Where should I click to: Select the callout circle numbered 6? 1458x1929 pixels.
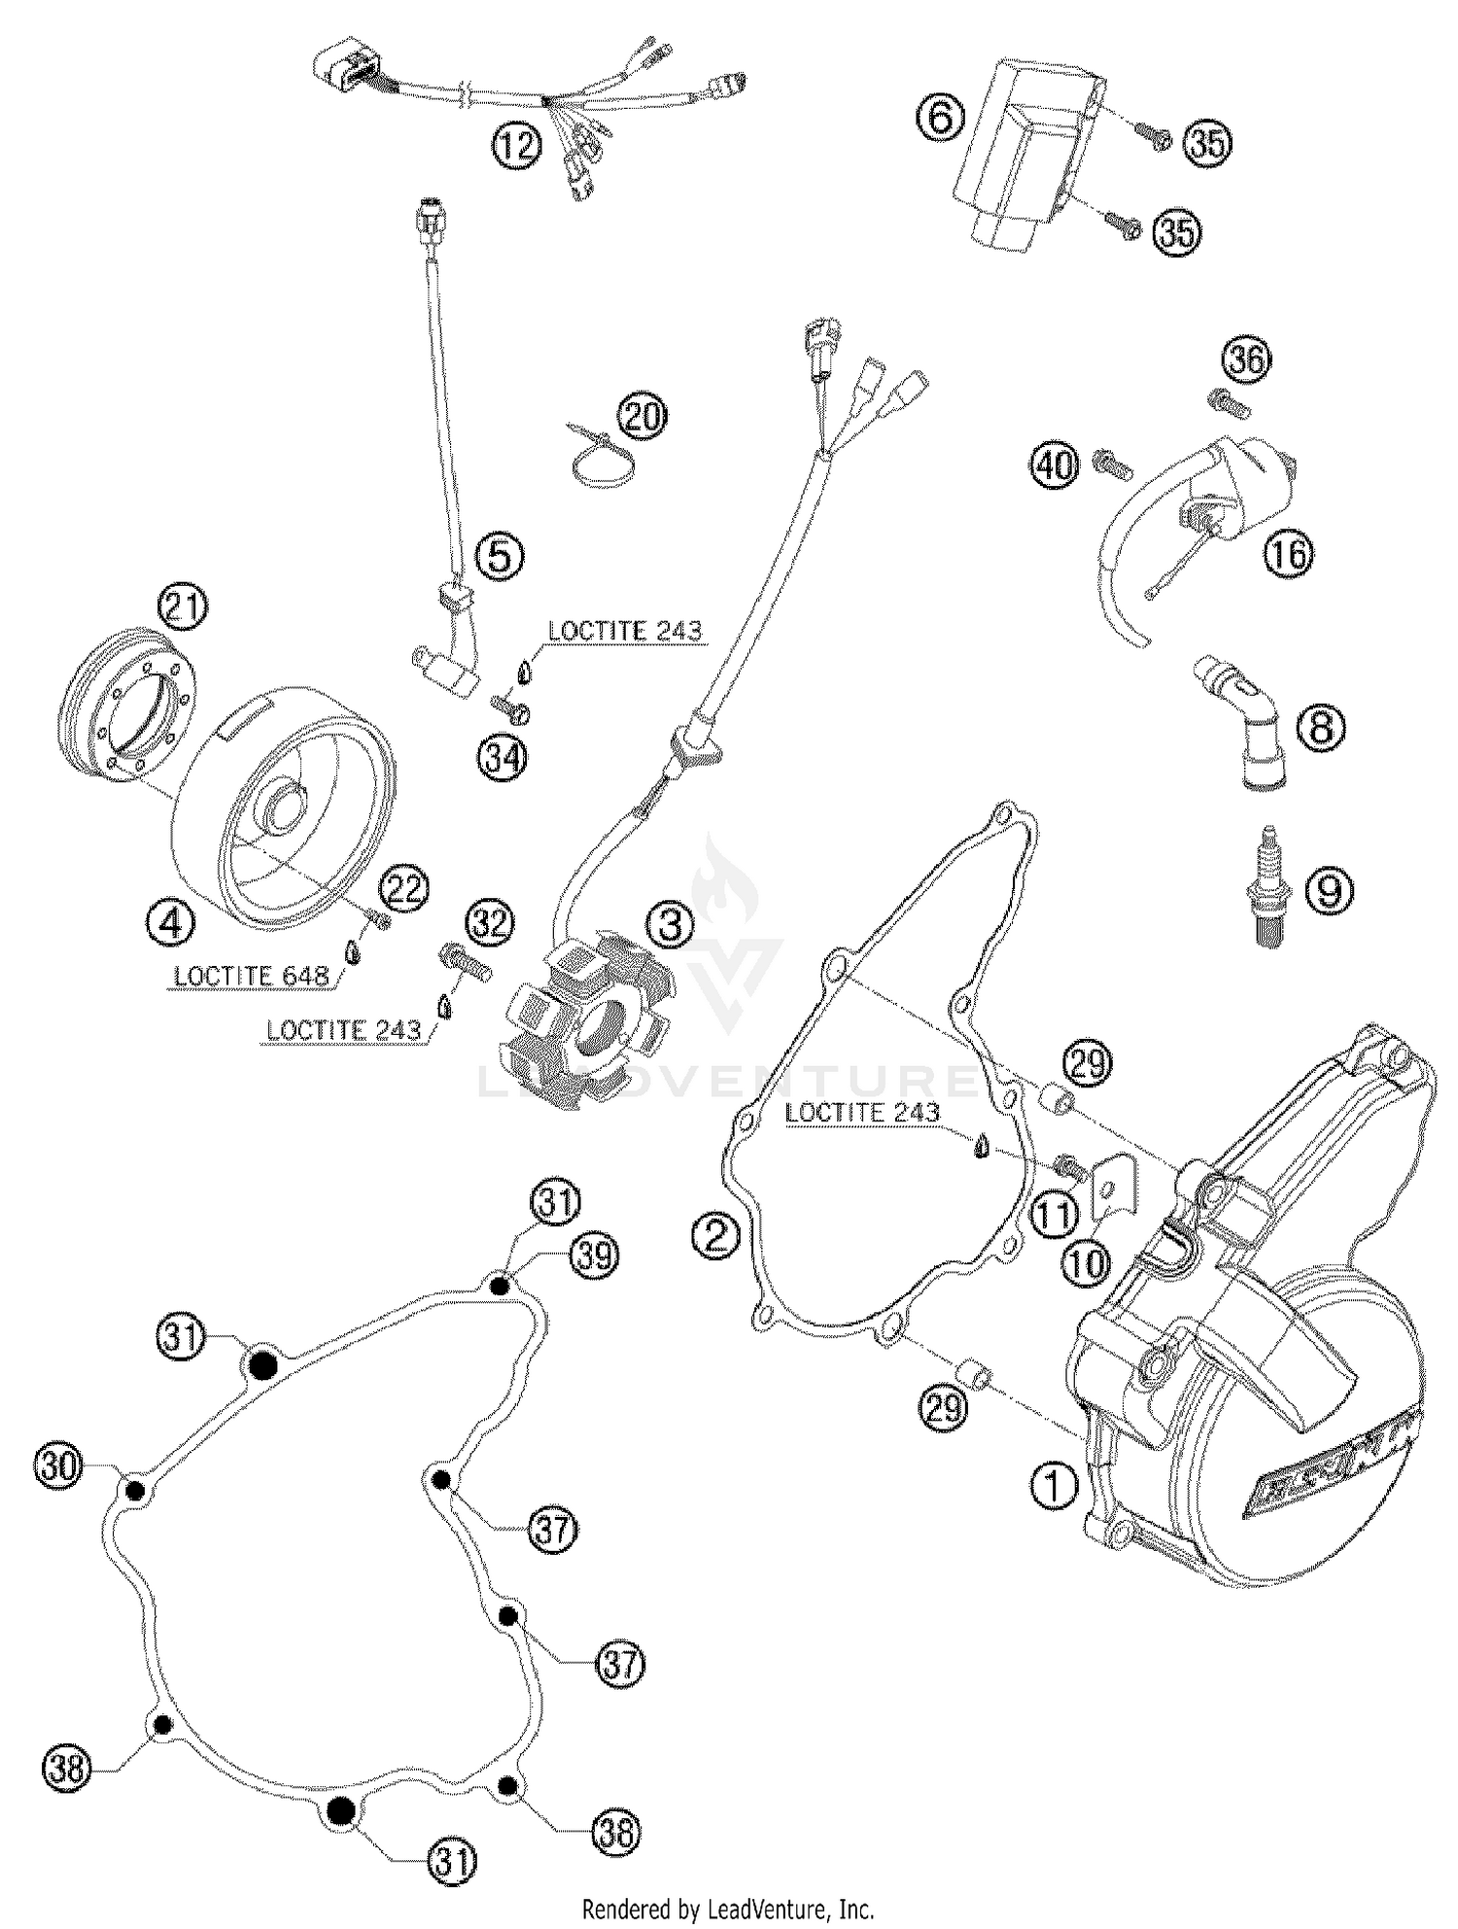[x=941, y=119]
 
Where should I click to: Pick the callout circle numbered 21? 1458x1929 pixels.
[x=184, y=609]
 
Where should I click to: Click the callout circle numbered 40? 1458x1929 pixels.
[x=1057, y=465]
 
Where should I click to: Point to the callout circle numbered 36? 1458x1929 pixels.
[x=1247, y=362]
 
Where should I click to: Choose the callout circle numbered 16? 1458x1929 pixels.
[x=1288, y=553]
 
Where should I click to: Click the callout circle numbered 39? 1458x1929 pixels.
[x=594, y=1257]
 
